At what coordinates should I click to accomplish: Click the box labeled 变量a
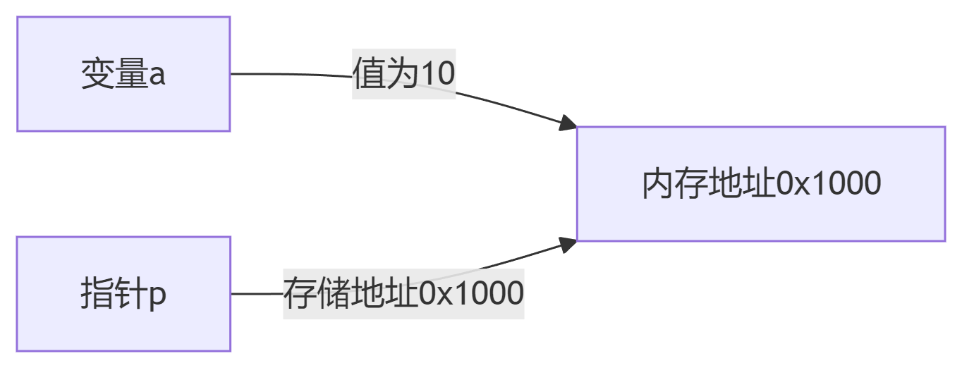click(123, 74)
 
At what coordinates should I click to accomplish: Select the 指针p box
click(123, 294)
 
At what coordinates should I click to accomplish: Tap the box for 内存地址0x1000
click(760, 184)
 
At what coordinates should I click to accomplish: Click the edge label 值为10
click(404, 74)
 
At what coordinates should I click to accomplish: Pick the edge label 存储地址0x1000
click(403, 293)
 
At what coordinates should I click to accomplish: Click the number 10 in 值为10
click(438, 74)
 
